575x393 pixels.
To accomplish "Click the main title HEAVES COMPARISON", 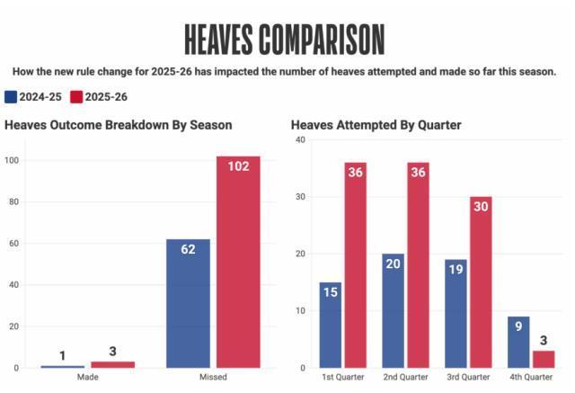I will (x=284, y=39).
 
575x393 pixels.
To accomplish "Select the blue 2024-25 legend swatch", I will (x=11, y=97).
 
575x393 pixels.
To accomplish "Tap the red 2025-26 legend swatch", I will (x=76, y=97).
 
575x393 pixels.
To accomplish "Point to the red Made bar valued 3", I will (x=112, y=365).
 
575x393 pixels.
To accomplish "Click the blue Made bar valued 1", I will (x=62, y=366).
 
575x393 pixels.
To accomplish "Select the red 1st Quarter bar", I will (x=355, y=265).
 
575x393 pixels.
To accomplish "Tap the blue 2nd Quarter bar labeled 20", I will (x=393, y=310).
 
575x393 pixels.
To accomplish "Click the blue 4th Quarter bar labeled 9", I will (x=518, y=342).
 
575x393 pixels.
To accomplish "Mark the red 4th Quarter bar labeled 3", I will (x=544, y=359).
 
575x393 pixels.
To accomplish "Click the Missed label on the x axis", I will (x=213, y=378).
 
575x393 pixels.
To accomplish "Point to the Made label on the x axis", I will (x=87, y=378).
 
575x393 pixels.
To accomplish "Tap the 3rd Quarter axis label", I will (x=468, y=378).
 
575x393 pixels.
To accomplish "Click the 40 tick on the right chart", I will (x=301, y=140).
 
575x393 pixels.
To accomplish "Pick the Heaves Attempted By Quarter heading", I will (x=376, y=125).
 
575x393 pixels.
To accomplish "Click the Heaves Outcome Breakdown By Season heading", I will (x=118, y=125).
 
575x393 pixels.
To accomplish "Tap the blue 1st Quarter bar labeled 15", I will (x=330, y=325).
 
